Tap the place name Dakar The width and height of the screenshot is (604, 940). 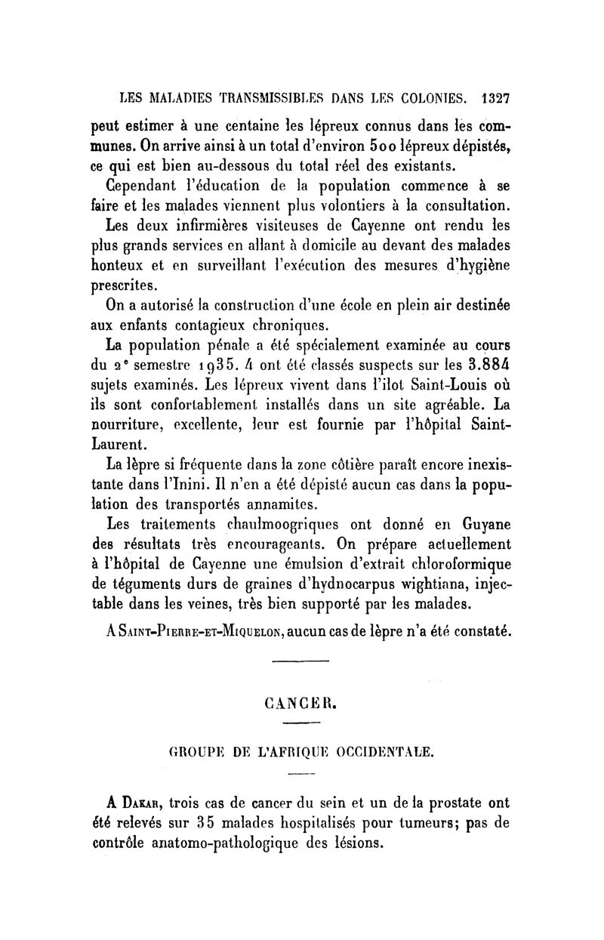[x=136, y=800]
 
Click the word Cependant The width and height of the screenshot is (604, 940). [x=141, y=184]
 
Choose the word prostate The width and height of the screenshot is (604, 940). [x=426, y=800]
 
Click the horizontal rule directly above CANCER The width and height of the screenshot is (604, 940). [x=300, y=664]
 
